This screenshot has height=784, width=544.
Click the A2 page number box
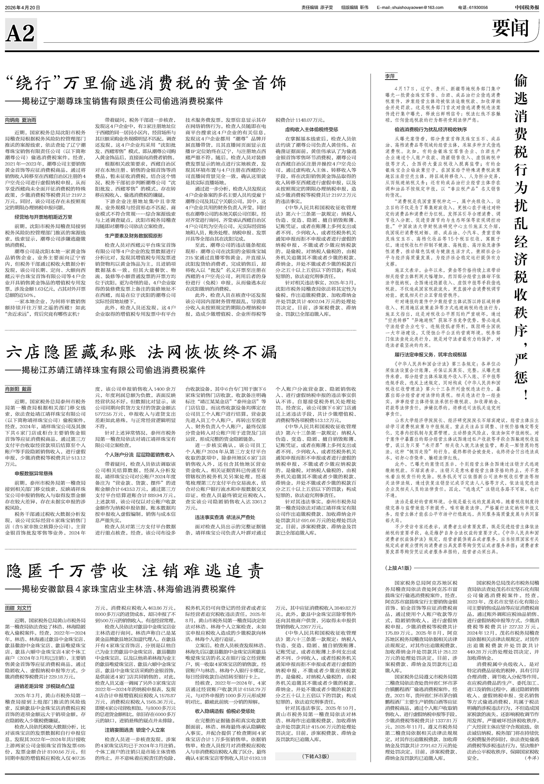coord(20,33)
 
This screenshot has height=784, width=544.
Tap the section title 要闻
coord(510,28)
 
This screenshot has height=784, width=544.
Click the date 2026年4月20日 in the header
coord(23,7)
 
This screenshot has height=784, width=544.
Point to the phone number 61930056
coord(478,7)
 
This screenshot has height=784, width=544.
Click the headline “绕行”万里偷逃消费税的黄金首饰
coord(146,83)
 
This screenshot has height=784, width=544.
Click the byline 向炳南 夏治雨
coord(20,120)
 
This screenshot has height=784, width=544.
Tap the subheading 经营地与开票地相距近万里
coord(43,216)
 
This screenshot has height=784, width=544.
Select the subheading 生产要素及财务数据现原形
coord(134,235)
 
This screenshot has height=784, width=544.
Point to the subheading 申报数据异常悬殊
coord(34,474)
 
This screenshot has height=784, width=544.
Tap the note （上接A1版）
coord(398,568)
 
